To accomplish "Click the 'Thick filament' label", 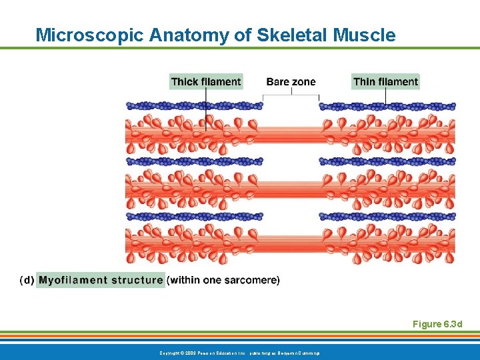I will (205, 82).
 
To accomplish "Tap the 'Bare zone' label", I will (291, 82).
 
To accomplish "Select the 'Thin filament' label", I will (385, 82).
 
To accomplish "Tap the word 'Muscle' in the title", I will (368, 35).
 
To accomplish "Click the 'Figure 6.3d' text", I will (437, 324).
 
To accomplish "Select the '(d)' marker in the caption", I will (27, 280).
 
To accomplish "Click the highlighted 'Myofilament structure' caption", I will (101, 280).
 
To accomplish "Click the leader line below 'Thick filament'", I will (206, 107).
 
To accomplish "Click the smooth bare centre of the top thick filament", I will (291, 134).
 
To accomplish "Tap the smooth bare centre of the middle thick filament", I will (291, 189).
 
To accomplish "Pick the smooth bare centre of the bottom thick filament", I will (291, 245).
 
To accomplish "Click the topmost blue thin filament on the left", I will (193, 105).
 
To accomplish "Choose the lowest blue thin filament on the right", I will (387, 217).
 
